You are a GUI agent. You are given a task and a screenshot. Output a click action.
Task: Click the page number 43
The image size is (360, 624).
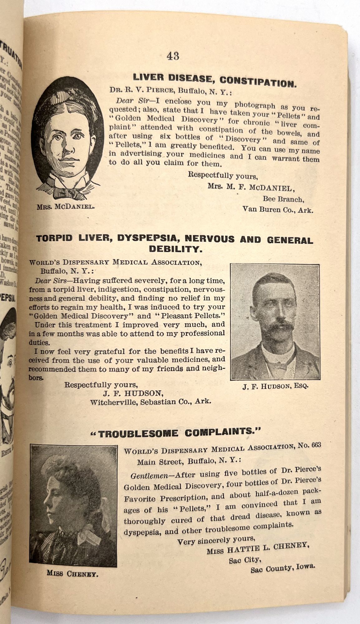[x=173, y=56]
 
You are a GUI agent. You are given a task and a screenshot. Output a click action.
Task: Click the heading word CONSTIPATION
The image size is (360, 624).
[x=258, y=82]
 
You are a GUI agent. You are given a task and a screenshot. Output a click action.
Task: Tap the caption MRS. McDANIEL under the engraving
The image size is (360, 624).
[x=66, y=207]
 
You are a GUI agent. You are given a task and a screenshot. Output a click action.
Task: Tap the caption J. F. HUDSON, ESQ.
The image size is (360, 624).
[x=275, y=386]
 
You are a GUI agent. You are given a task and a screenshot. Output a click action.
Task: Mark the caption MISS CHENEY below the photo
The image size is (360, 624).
[x=73, y=573]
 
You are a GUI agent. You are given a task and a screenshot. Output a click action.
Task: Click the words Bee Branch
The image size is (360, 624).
[x=282, y=199]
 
